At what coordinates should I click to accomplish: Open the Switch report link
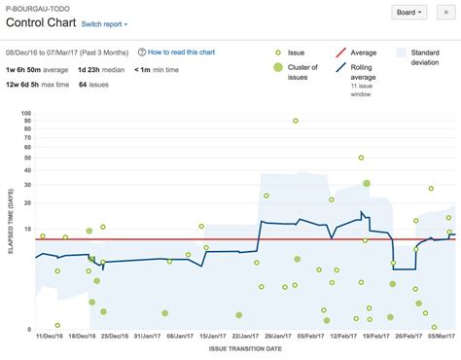click(x=102, y=23)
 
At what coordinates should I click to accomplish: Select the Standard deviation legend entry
click(x=425, y=56)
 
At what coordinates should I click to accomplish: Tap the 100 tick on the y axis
click(x=26, y=113)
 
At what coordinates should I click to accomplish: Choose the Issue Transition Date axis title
click(x=245, y=348)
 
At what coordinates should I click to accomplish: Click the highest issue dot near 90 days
click(x=296, y=121)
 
